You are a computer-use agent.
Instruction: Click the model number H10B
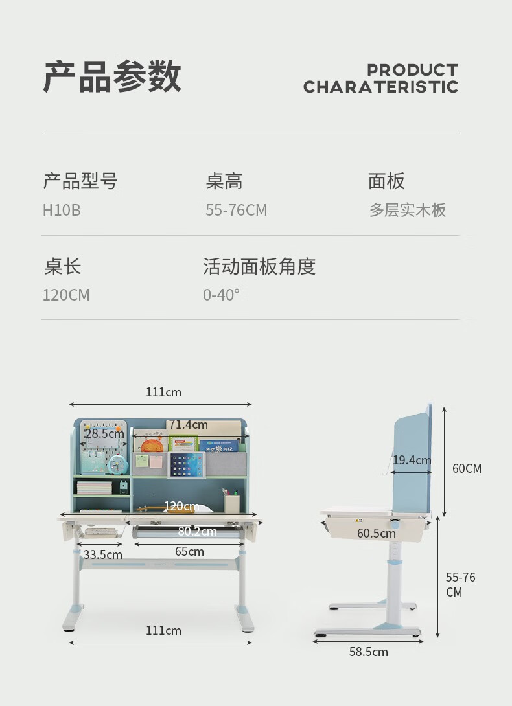click(62, 211)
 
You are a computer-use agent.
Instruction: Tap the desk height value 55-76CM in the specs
click(236, 211)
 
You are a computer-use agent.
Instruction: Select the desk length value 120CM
click(66, 295)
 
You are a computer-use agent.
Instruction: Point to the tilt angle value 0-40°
click(221, 295)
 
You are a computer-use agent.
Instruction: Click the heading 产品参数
click(112, 77)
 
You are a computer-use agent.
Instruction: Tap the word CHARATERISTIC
click(380, 87)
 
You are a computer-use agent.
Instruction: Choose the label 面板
click(386, 181)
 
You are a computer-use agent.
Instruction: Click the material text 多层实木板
click(408, 211)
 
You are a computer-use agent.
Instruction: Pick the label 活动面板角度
click(259, 266)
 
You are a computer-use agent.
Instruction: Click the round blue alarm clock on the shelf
click(117, 464)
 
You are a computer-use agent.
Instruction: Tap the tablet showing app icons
click(186, 465)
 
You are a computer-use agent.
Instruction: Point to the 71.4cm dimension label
click(189, 425)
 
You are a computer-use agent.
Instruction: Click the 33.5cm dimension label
click(103, 554)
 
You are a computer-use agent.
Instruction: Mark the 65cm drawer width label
click(189, 552)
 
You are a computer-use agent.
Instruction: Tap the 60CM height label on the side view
click(467, 468)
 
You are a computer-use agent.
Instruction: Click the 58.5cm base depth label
click(368, 652)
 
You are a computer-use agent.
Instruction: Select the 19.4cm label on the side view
click(412, 461)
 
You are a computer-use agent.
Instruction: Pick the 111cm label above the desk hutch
click(163, 393)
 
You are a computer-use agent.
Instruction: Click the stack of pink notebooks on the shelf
click(95, 487)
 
